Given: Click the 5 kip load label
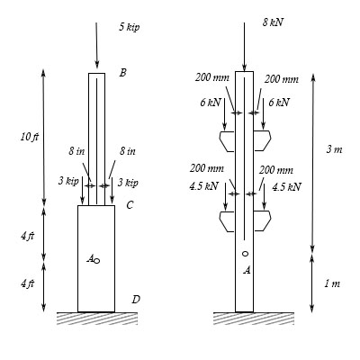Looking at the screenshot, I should coord(130,28).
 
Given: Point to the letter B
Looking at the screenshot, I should coord(122,72).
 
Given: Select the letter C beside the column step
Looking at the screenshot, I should coord(130,205).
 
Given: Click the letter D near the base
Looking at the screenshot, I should coord(134,299).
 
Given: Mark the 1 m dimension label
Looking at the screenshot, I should coord(333,283).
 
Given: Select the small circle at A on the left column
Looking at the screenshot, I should coord(97,260).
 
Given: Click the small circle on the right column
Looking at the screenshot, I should coord(245,254).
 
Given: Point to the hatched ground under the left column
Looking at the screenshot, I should coord(96,317).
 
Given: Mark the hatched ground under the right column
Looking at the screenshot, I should coord(246,317).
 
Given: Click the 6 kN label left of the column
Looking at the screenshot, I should coord(208,103).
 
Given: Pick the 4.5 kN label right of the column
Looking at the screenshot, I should coord(286,186).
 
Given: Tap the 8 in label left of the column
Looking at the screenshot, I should coord(76,150).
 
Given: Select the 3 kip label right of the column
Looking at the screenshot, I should coord(127,182).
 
